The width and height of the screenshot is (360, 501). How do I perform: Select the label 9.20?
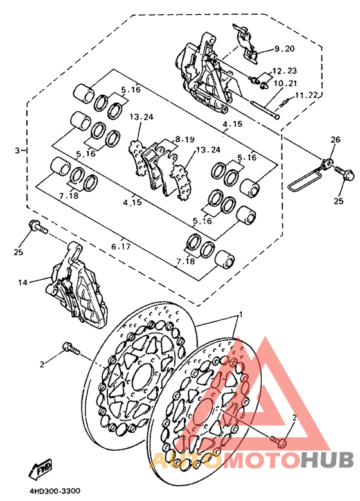click(x=284, y=49)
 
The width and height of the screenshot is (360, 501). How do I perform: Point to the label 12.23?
click(x=284, y=71)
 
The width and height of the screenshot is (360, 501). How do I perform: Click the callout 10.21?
click(x=284, y=83)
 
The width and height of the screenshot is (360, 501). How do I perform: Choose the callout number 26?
click(x=335, y=140)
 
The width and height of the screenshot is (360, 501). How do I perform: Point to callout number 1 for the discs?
click(x=241, y=315)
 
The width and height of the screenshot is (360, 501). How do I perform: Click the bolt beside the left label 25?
click(x=37, y=227)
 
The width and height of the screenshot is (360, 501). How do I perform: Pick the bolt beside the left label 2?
click(x=69, y=349)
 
